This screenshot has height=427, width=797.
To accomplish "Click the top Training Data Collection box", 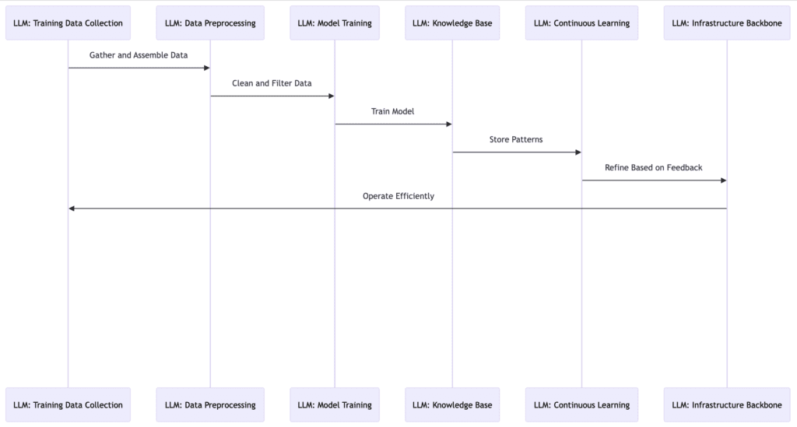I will click(68, 23).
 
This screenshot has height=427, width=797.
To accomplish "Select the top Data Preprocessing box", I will click(210, 23).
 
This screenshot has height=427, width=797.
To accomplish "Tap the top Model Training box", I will click(335, 23).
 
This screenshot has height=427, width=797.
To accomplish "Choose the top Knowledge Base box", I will click(452, 23).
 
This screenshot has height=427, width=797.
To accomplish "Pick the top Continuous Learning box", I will click(581, 23).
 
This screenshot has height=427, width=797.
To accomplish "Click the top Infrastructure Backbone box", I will click(727, 23).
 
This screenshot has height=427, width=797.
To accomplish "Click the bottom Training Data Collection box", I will click(68, 404).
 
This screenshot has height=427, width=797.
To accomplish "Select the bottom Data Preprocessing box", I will click(210, 404).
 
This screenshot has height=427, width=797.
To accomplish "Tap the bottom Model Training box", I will click(335, 404).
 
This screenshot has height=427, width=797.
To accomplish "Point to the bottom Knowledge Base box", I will click(452, 404).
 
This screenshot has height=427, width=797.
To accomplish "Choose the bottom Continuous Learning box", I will click(581, 404).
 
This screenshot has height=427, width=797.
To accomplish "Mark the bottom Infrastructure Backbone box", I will click(727, 404).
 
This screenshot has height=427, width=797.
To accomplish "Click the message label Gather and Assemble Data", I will click(139, 55).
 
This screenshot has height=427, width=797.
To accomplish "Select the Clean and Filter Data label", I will click(272, 83).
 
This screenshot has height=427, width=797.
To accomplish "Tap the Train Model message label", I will click(393, 111).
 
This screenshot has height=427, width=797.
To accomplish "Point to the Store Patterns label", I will click(516, 139).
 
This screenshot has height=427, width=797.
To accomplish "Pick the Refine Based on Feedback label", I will click(654, 167).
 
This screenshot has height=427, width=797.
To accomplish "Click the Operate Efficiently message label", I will click(398, 196).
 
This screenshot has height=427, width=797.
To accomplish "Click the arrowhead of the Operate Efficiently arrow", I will click(72, 208).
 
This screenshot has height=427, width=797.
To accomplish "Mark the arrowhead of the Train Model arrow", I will click(448, 124).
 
